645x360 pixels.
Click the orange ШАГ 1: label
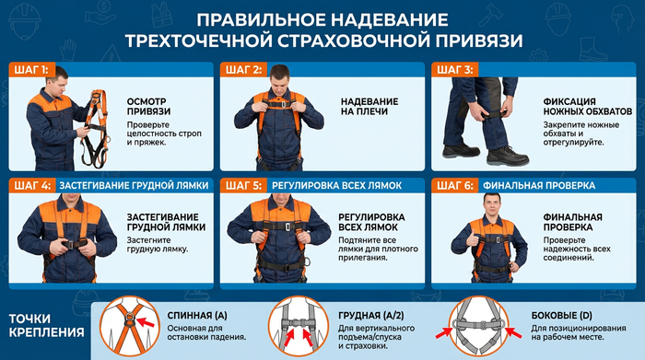click(x=31, y=70)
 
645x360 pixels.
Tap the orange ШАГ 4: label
click(x=31, y=186)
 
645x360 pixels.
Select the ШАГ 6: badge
click(x=454, y=186)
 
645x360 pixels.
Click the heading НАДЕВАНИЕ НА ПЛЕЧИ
click(x=369, y=107)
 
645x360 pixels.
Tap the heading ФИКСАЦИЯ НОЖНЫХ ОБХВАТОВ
click(x=588, y=107)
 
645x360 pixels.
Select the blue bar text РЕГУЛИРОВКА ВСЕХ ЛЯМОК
click(x=336, y=186)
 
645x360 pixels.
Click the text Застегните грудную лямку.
click(x=158, y=245)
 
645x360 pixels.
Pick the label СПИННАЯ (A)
click(x=197, y=316)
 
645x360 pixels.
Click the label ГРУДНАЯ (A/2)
click(x=371, y=316)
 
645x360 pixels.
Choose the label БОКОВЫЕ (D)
click(x=561, y=316)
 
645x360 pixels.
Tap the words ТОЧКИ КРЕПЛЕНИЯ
click(x=46, y=325)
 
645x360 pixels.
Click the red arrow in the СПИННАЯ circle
click(x=145, y=321)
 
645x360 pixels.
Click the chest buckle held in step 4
click(x=73, y=244)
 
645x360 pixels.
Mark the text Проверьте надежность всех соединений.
click(x=577, y=249)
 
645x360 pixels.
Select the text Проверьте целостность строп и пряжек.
click(x=164, y=134)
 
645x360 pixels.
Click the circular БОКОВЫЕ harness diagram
click(x=478, y=326)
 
